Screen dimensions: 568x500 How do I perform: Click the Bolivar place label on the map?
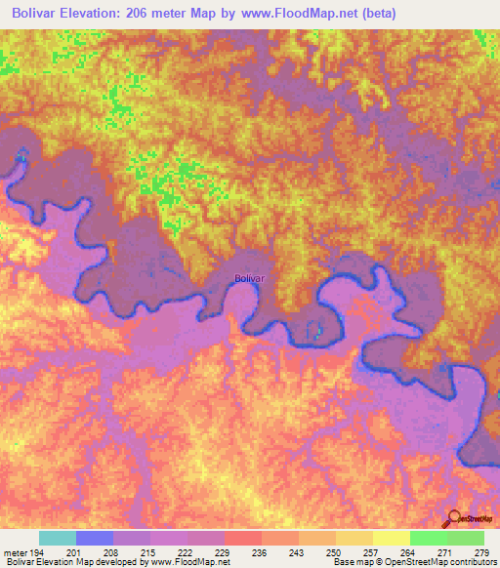point(250,278)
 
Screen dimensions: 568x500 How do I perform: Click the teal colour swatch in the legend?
point(58,538)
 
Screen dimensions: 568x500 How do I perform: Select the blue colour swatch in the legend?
point(95,538)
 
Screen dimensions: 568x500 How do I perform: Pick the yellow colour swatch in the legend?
point(392,538)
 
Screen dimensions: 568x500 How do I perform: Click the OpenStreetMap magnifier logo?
point(454,520)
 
